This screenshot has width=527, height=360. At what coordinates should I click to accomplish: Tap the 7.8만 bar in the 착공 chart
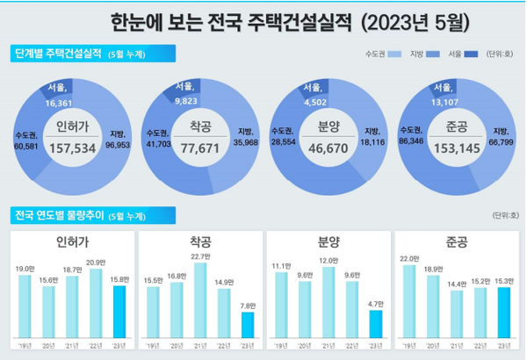pyautogui.click(x=248, y=326)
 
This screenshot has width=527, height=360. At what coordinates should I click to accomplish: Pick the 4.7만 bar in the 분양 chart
pyautogui.click(x=375, y=325)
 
